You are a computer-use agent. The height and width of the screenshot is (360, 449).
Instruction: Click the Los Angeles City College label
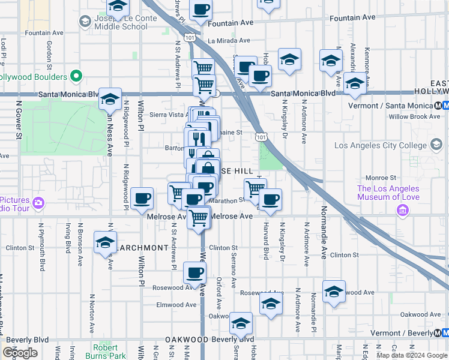coord(380,145)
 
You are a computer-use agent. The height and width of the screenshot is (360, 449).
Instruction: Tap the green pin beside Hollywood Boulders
coord(76,77)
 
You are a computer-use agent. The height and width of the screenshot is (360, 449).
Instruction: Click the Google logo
coord(20,353)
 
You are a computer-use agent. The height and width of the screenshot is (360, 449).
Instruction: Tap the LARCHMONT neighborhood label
coord(143,247)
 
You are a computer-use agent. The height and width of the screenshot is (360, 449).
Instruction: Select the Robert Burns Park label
coord(109,351)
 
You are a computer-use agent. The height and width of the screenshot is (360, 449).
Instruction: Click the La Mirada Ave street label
coord(228,41)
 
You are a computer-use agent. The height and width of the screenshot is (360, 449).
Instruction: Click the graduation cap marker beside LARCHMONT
coord(105,242)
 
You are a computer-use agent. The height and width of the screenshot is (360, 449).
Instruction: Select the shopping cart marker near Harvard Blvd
coord(255,188)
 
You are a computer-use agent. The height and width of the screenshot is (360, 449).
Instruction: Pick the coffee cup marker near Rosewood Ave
coord(194,273)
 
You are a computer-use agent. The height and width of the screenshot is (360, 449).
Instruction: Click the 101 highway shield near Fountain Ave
coord(190,37)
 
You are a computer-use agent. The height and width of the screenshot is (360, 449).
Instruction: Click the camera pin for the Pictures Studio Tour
coord(38,202)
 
